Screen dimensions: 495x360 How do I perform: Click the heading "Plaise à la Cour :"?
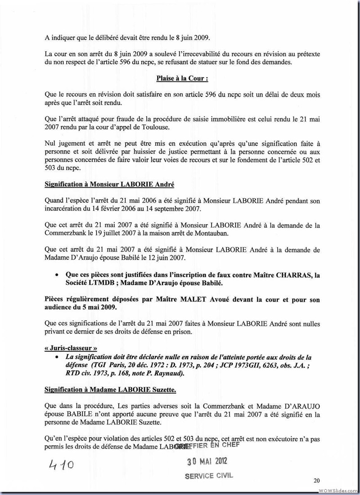click(x=182, y=78)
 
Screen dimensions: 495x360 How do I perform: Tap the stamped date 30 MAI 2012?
click(x=207, y=461)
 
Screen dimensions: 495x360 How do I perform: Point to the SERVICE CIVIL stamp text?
click(x=209, y=476)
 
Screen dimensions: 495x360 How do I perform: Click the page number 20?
click(x=317, y=481)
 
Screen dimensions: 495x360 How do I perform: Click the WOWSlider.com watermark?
click(x=337, y=490)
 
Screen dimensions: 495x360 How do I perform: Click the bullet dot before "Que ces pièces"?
click(x=56, y=274)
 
